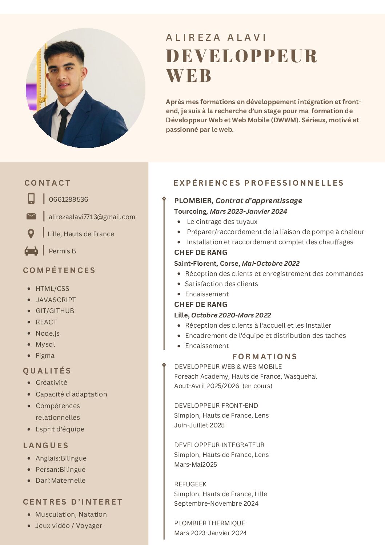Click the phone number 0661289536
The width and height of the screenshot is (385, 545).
[68, 200]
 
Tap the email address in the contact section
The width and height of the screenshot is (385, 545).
[92, 217]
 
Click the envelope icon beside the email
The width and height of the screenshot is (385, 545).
[31, 217]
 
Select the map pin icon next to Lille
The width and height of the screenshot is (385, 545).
[31, 234]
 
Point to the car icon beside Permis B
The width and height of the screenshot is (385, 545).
[31, 251]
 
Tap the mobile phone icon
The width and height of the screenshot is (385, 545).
[31, 198]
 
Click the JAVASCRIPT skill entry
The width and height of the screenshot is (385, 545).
[56, 300]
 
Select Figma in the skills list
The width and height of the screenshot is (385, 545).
[45, 356]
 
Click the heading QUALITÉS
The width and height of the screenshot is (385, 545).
[47, 371]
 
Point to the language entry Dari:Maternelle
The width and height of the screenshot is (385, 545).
[60, 481]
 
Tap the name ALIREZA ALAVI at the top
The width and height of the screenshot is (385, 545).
[216, 37]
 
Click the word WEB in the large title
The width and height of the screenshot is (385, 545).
[189, 76]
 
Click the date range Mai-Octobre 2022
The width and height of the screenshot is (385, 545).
[270, 263]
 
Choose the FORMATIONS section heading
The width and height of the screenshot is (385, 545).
[265, 357]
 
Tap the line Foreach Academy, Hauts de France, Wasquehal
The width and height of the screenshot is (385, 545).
[245, 376]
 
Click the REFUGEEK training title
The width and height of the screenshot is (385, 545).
[190, 484]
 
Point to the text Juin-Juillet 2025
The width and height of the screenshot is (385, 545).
[199, 425]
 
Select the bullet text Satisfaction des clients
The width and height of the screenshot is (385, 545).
[221, 284]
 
